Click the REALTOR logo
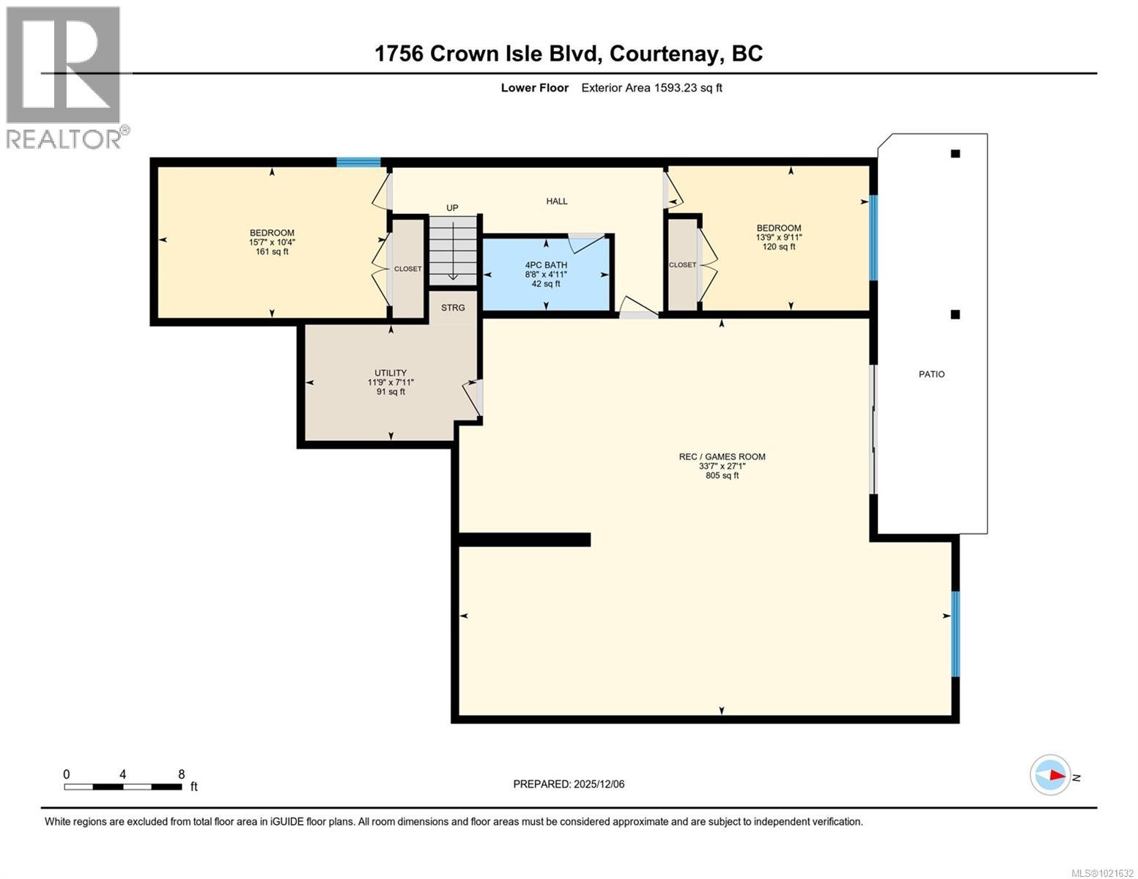tap(64, 77)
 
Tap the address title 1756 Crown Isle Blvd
tap(568, 53)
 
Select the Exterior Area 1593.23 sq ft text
tap(651, 88)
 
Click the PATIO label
tap(931, 374)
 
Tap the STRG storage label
tap(453, 308)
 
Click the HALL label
tap(557, 201)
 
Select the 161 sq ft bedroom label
tap(272, 242)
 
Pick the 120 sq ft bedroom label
tap(778, 237)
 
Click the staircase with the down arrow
tap(453, 251)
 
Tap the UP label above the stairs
tap(452, 208)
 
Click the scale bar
tap(122, 787)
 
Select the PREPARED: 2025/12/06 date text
tap(569, 785)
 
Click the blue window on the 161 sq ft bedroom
tap(358, 163)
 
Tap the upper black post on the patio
tap(956, 154)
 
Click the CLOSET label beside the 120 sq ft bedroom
tap(682, 264)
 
